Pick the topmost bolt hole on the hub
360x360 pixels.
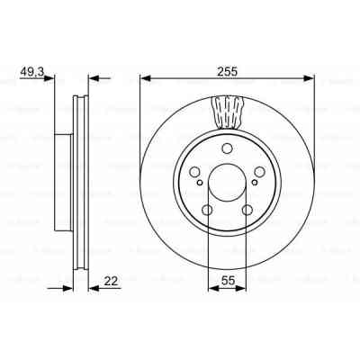pos(227,148)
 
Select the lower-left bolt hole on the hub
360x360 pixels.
pos(208,211)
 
